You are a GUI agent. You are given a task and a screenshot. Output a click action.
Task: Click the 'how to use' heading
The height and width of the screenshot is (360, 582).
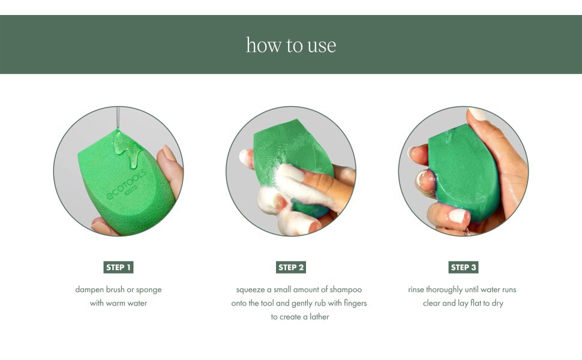(291, 45)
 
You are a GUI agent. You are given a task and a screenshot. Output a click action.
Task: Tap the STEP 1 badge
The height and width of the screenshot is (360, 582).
(118, 267)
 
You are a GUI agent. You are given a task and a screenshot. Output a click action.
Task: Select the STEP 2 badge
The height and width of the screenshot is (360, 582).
(291, 267)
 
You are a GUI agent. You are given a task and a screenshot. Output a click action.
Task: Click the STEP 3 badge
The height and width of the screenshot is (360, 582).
(464, 267)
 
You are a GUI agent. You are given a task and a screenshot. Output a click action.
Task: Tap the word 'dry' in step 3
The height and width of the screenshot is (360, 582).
(497, 303)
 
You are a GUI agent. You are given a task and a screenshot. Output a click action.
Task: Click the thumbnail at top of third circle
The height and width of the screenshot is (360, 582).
(478, 113)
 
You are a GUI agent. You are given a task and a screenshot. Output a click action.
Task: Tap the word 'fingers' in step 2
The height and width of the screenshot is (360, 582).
(353, 303)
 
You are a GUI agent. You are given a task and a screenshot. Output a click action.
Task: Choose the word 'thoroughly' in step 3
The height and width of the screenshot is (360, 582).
(445, 289)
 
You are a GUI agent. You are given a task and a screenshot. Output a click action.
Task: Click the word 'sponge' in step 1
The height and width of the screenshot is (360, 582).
(148, 289)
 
